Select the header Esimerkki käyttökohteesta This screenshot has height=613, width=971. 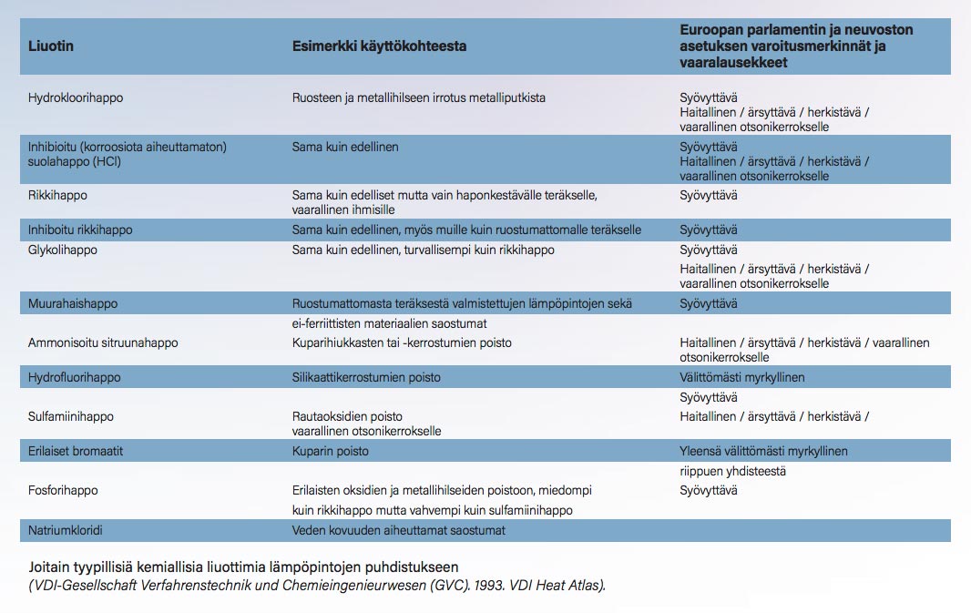pyautogui.click(x=379, y=46)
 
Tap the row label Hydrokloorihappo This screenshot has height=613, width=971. pyautogui.click(x=76, y=97)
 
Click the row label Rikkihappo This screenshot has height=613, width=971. pyautogui.click(x=57, y=195)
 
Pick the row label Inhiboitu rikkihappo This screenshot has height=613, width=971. pyautogui.click(x=80, y=230)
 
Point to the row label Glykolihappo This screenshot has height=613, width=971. pyautogui.click(x=63, y=250)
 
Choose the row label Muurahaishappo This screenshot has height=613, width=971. pyautogui.click(x=73, y=303)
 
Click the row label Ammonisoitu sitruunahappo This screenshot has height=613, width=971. pyautogui.click(x=103, y=342)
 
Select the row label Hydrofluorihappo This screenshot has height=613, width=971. pyautogui.click(x=74, y=377)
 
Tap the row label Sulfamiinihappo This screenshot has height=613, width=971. pyautogui.click(x=71, y=416)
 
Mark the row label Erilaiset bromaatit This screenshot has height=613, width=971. pyautogui.click(x=76, y=451)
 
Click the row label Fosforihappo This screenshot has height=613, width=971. pyautogui.click(x=63, y=490)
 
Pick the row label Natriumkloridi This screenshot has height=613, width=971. pyautogui.click(x=67, y=529)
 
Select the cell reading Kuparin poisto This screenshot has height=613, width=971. pyautogui.click(x=331, y=451)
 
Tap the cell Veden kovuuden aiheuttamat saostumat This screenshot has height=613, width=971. pyautogui.click(x=398, y=529)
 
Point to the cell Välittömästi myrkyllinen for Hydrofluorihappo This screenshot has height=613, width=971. pyautogui.click(x=742, y=377)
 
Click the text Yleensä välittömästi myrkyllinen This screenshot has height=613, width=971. pyautogui.click(x=763, y=451)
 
